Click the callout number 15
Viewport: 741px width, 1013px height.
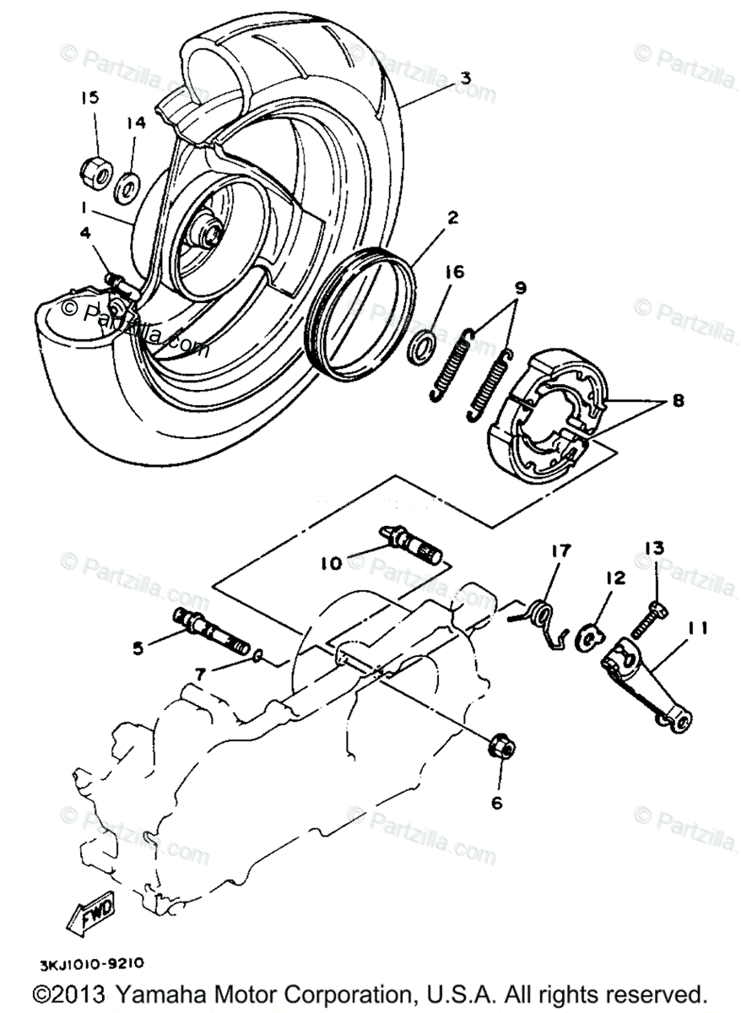[89, 98]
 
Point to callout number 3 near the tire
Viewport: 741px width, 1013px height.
[463, 77]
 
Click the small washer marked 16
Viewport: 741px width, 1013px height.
[422, 346]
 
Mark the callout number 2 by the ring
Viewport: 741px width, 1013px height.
[453, 219]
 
